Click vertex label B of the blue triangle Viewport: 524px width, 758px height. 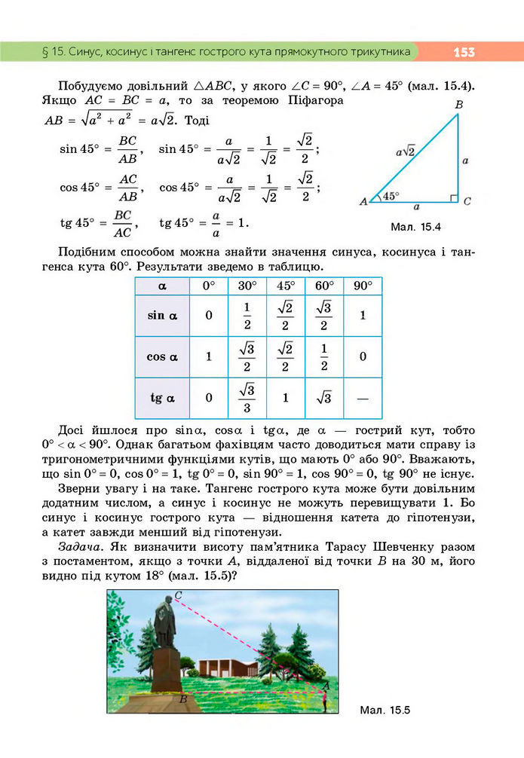pyautogui.click(x=458, y=105)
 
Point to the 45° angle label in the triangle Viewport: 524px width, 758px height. pyautogui.click(x=390, y=196)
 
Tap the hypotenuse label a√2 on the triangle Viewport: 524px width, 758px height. pyautogui.click(x=406, y=151)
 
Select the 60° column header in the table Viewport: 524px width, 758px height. pyautogui.click(x=324, y=286)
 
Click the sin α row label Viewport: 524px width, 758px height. pyautogui.click(x=162, y=315)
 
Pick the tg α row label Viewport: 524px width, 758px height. pyautogui.click(x=162, y=397)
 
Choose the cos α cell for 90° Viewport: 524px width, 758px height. pyautogui.click(x=363, y=356)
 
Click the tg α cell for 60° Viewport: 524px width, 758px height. pyautogui.click(x=324, y=397)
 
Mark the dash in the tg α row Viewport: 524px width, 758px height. pyautogui.click(x=363, y=397)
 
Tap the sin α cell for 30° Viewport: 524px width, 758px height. pyautogui.click(x=247, y=315)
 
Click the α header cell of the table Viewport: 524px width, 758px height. pyautogui.click(x=162, y=286)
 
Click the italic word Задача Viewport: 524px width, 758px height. pyautogui.click(x=70, y=545)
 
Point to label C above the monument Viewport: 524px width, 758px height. pyautogui.click(x=179, y=595)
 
